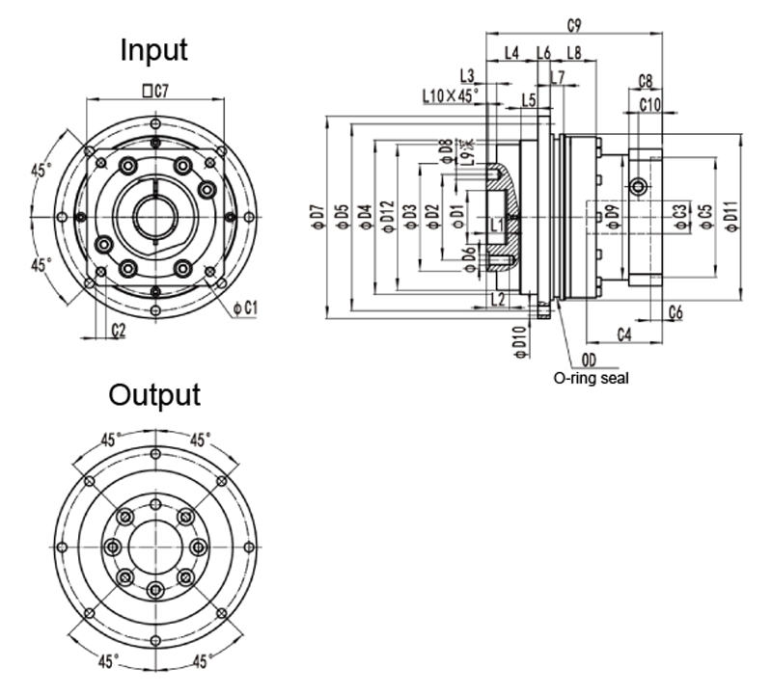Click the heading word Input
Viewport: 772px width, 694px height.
pos(153,50)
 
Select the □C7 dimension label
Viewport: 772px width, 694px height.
pos(155,92)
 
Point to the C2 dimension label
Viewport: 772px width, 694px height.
pos(119,331)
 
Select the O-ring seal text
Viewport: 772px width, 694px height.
pos(591,379)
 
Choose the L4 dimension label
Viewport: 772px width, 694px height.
pos(512,51)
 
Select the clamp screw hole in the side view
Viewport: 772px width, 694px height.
pos(637,185)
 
